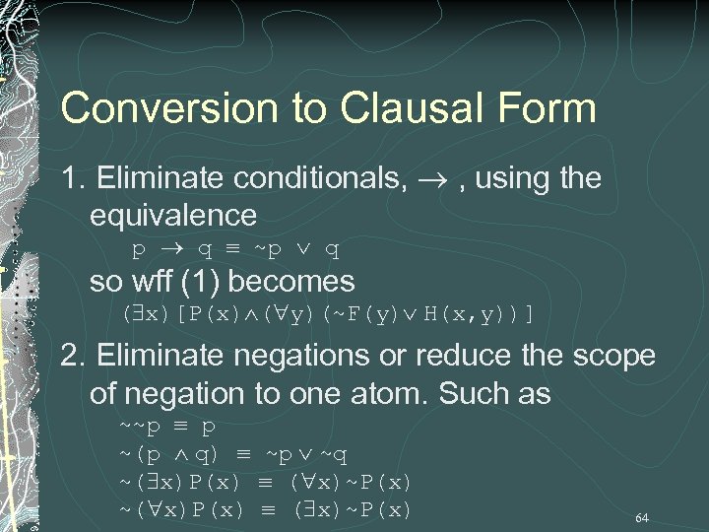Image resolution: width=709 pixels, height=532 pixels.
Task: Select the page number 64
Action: click(642, 517)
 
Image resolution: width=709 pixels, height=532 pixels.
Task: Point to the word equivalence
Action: click(172, 214)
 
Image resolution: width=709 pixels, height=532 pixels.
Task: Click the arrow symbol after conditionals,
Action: click(436, 179)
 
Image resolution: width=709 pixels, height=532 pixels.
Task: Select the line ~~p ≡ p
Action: click(168, 428)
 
